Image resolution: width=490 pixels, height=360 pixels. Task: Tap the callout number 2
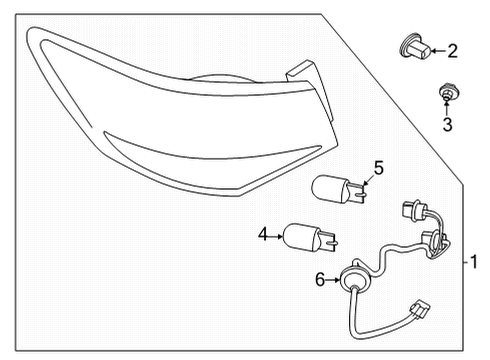452,50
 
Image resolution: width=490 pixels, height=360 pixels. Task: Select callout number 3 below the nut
448,125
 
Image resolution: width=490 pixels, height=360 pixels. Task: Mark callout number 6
321,281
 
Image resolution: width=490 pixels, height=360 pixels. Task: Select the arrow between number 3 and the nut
448,110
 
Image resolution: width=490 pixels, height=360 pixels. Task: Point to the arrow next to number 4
275,235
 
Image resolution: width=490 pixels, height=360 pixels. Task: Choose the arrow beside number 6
333,281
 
